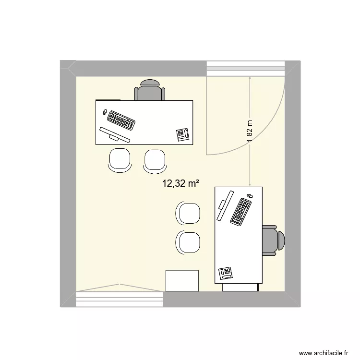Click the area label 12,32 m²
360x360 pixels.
point(180,183)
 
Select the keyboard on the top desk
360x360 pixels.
point(121,120)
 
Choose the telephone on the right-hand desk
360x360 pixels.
point(226,273)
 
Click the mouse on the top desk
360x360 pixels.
point(105,111)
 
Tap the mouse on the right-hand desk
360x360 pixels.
point(250,196)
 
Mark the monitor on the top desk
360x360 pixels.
point(115,134)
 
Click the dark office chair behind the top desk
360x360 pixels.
point(150,90)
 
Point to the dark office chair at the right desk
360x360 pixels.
point(274,239)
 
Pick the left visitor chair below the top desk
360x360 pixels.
point(120,159)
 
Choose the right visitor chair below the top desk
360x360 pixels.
point(155,160)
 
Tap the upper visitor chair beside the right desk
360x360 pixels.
point(188,213)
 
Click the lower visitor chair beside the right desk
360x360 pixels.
point(188,242)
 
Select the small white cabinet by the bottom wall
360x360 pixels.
point(182,281)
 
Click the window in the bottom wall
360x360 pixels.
point(120,300)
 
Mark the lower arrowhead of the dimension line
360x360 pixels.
point(251,184)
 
